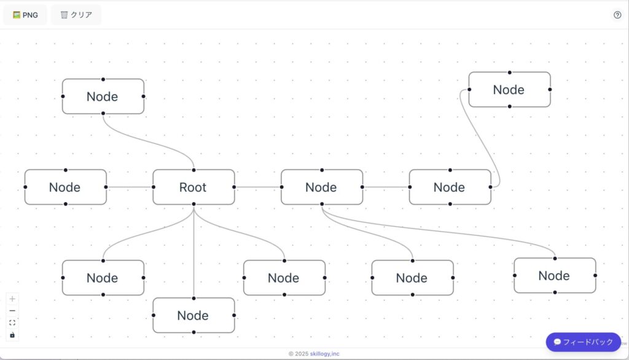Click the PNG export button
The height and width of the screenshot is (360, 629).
coord(25,15)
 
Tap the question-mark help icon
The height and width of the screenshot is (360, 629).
coord(617,15)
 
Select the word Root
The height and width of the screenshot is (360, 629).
coord(192,187)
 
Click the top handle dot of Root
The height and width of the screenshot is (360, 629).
coord(193,170)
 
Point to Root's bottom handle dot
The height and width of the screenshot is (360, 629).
coord(193,205)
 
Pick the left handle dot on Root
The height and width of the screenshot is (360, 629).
coord(154,187)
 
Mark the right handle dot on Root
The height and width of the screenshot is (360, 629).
coord(234,187)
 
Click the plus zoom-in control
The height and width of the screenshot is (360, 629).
coord(12,299)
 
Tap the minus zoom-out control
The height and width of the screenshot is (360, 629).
coord(12,311)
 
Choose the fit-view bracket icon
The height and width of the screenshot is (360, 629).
coord(12,323)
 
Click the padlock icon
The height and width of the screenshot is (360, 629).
coord(12,335)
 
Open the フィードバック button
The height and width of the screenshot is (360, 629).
coord(584,342)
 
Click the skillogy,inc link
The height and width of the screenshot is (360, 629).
coord(324,354)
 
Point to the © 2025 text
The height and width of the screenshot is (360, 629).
coord(299,354)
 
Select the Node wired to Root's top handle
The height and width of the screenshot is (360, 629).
coord(103,96)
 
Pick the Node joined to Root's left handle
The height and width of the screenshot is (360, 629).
coord(65,187)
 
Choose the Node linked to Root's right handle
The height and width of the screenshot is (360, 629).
coord(322,187)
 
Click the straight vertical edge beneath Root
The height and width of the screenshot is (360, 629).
coord(193,251)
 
